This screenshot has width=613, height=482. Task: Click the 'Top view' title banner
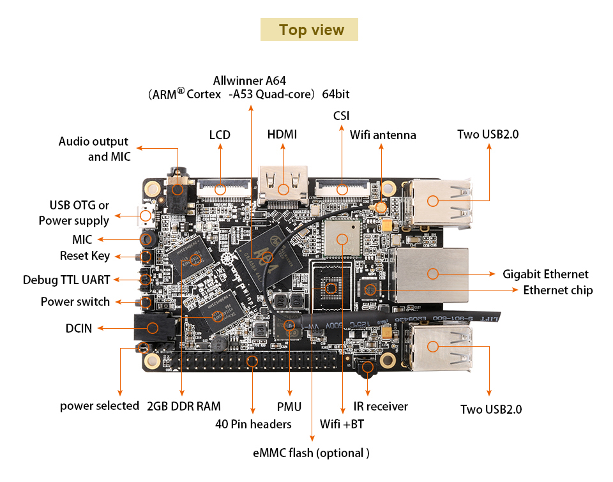tap(311, 30)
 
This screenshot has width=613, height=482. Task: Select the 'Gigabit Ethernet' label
tap(545, 274)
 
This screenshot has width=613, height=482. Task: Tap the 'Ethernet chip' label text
tap(557, 290)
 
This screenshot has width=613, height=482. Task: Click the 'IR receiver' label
tap(381, 406)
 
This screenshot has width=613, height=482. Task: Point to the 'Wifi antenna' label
tap(382, 135)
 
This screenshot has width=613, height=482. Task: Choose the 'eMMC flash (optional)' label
tap(312, 453)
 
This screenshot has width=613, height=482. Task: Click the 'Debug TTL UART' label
tap(66, 280)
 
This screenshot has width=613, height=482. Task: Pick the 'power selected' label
tap(100, 405)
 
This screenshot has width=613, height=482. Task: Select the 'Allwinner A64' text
tap(250, 80)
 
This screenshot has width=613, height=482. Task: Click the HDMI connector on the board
tap(283, 185)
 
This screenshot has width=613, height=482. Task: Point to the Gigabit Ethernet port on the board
tap(432, 274)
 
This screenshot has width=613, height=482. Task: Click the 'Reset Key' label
tap(85, 255)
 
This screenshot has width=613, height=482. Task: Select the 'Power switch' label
tap(75, 301)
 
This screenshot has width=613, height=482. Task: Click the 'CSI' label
tap(341, 116)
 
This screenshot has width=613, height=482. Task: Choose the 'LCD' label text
tap(220, 135)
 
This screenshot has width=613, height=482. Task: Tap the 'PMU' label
tap(289, 407)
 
